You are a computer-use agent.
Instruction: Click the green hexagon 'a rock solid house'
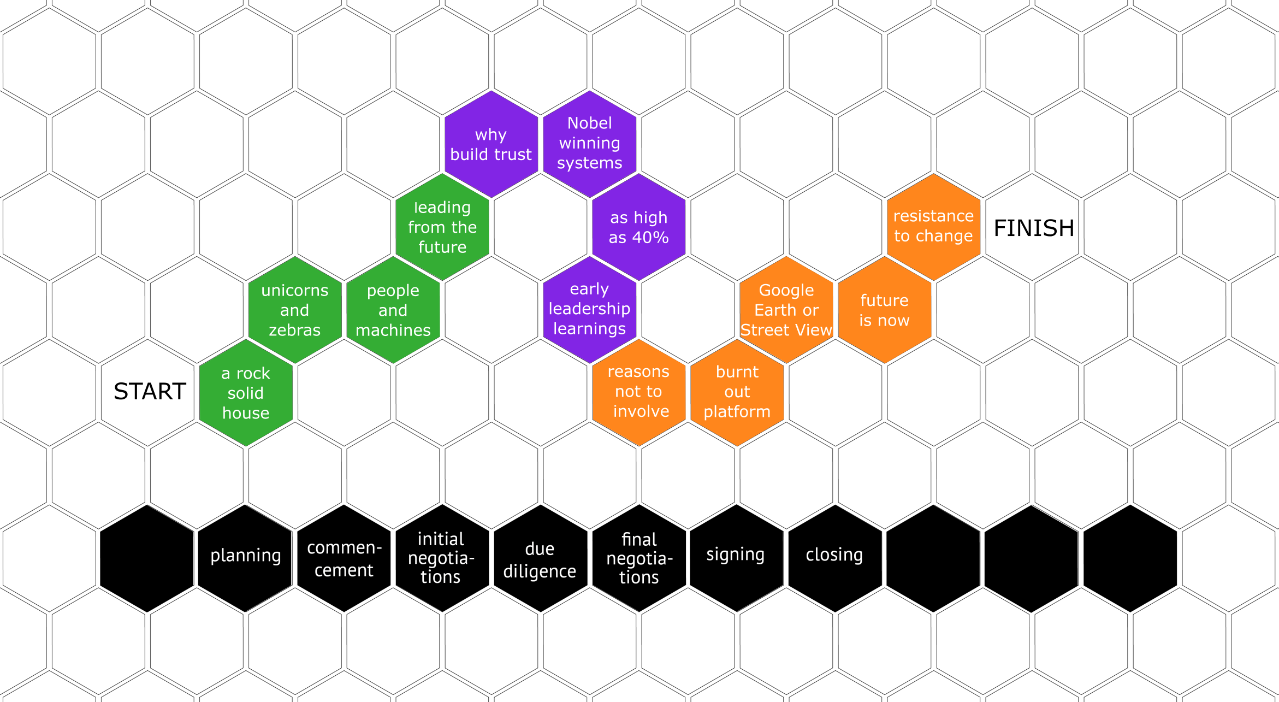tap(246, 393)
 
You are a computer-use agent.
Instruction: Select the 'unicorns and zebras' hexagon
tap(295, 310)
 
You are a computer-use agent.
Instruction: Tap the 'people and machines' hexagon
tap(393, 310)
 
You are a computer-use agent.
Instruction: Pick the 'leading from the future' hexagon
tap(442, 227)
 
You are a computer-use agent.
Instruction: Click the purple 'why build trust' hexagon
tap(492, 144)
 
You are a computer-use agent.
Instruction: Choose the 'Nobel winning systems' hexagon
tap(590, 144)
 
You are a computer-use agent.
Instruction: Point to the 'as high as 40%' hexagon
tap(639, 227)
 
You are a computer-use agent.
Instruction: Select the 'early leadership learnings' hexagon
tap(590, 309)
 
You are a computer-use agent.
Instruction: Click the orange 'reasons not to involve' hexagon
tap(639, 392)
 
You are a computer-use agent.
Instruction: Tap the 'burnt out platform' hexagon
tap(737, 392)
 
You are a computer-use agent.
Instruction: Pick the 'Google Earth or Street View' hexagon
tap(786, 310)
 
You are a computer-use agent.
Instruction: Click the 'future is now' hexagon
tap(885, 310)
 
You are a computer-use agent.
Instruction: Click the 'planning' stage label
tap(246, 556)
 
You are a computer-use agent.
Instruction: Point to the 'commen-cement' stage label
tap(344, 559)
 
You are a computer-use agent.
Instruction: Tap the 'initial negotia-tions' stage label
tap(441, 558)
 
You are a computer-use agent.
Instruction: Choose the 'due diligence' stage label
tap(540, 560)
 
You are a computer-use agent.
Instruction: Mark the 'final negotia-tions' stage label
tap(639, 558)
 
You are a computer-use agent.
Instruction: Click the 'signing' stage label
tap(736, 554)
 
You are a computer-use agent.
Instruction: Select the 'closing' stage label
tap(834, 554)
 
